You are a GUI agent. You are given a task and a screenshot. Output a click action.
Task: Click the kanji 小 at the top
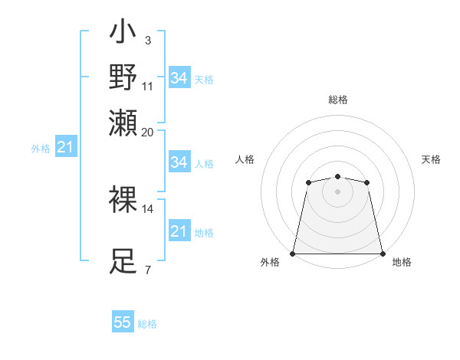pyautogui.click(x=123, y=34)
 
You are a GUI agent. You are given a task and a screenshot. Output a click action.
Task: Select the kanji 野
pyautogui.click(x=123, y=77)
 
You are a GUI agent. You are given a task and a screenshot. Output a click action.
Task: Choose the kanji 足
pyautogui.click(x=123, y=261)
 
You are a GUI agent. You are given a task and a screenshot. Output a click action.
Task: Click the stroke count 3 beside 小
pyautogui.click(x=147, y=40)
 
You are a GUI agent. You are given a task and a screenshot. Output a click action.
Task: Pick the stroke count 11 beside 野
pyautogui.click(x=148, y=86)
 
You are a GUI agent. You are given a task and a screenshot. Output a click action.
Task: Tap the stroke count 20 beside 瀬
pyautogui.click(x=148, y=132)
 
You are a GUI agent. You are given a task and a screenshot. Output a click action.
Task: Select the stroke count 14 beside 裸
pyautogui.click(x=148, y=208)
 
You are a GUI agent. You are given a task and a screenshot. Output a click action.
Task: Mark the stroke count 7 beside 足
pyautogui.click(x=147, y=270)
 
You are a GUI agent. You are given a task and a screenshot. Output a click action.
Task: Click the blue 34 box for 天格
pyautogui.click(x=179, y=78)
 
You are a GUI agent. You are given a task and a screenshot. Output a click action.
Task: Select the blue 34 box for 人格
pyautogui.click(x=179, y=162)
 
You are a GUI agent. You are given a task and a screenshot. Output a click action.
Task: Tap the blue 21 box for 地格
pyautogui.click(x=179, y=231)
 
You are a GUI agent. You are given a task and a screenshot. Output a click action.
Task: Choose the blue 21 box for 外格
pyautogui.click(x=65, y=147)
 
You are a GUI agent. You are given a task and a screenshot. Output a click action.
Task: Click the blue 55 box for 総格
pyautogui.click(x=123, y=322)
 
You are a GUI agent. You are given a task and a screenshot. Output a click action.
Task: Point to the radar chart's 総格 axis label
pyautogui.click(x=338, y=100)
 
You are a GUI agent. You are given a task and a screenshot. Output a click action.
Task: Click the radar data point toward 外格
pyautogui.click(x=294, y=253)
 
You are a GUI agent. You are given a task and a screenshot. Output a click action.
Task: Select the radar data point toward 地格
pyautogui.click(x=382, y=253)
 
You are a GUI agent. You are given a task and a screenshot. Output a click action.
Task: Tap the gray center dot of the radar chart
pyautogui.click(x=337, y=191)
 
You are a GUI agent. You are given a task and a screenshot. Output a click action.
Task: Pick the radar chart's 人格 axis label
pyautogui.click(x=245, y=159)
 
